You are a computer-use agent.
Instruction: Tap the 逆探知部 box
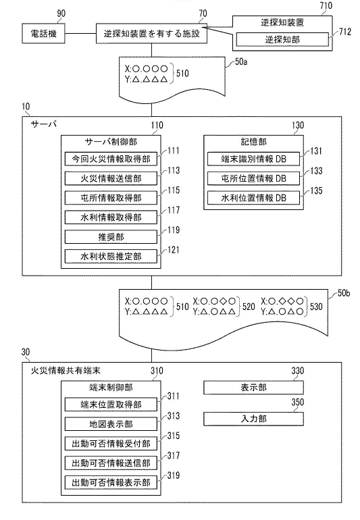[x=282, y=40]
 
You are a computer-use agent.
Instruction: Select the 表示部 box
[x=253, y=388]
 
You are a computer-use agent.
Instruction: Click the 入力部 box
[x=253, y=419]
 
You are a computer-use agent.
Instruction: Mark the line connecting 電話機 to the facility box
[x=78, y=32]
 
